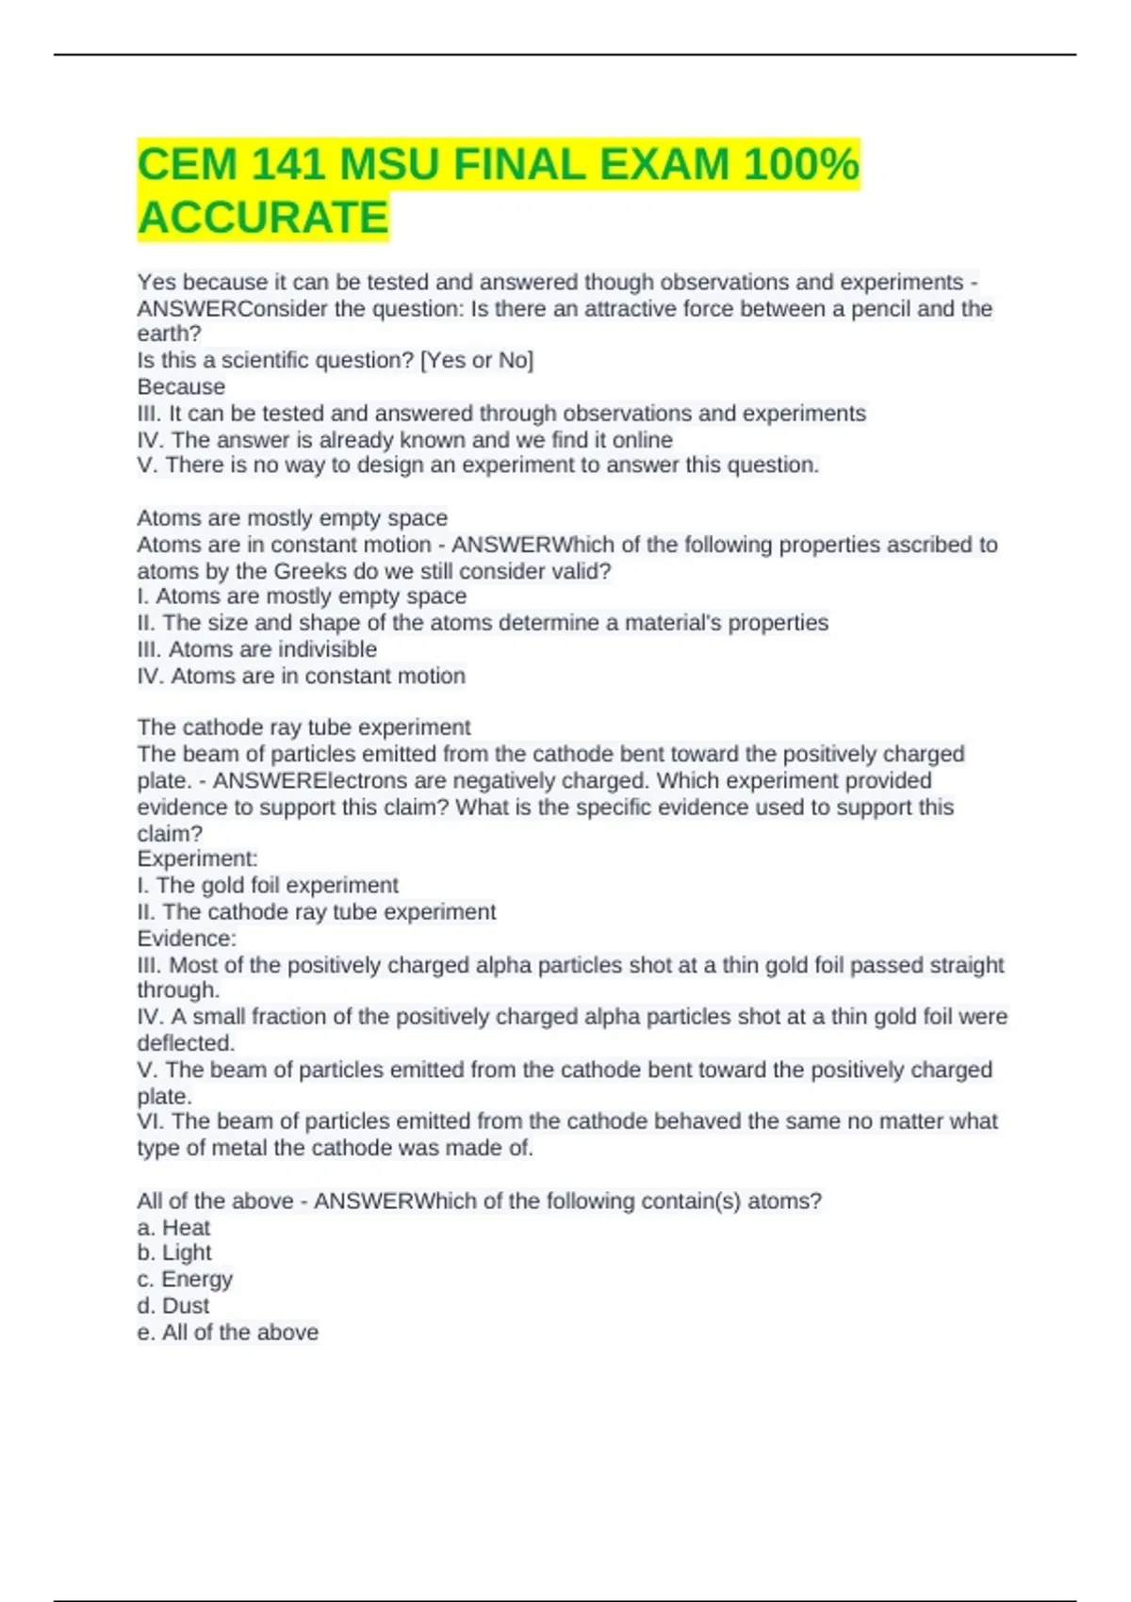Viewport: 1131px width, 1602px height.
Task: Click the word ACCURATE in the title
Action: [263, 218]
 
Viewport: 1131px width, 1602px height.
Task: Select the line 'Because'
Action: [181, 386]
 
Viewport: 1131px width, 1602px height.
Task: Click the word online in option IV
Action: [642, 440]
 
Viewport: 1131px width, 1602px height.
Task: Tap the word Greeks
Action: [305, 571]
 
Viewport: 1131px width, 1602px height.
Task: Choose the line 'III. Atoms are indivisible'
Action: [256, 649]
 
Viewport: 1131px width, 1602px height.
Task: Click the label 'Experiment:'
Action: [197, 858]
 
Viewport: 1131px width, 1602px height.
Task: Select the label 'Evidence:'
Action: [187, 939]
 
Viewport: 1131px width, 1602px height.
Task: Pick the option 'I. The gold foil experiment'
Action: [268, 885]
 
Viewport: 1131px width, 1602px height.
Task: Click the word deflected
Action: [185, 1043]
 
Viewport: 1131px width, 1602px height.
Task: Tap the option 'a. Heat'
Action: [173, 1227]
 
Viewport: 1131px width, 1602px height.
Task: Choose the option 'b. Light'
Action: [174, 1252]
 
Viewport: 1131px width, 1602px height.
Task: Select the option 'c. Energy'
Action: [185, 1279]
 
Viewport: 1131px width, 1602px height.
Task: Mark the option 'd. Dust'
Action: [173, 1305]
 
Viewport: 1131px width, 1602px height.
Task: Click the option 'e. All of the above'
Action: [227, 1332]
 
